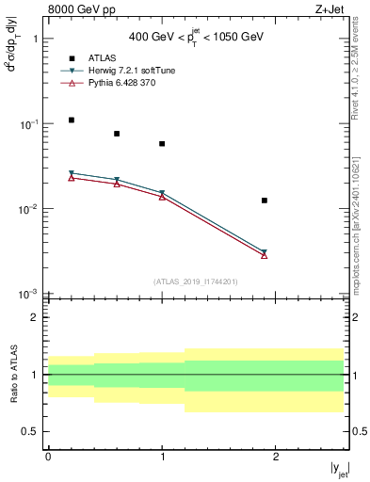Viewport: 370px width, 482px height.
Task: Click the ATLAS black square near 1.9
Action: pyautogui.click(x=265, y=201)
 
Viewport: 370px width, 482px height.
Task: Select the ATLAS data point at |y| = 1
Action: pyautogui.click(x=162, y=144)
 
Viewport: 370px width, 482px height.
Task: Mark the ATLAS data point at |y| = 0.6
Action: pyautogui.click(x=117, y=134)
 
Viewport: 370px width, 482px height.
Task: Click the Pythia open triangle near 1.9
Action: pyautogui.click(x=265, y=255)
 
